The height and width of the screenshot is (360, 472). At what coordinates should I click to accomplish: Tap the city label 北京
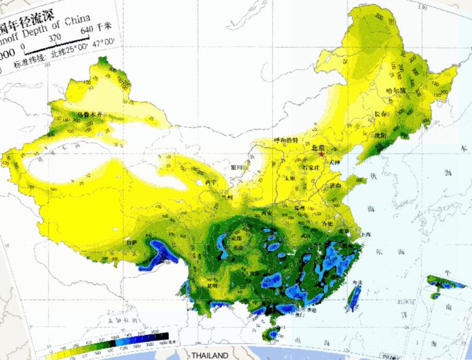(x=318, y=147)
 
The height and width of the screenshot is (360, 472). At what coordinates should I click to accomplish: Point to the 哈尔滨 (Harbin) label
(x=396, y=91)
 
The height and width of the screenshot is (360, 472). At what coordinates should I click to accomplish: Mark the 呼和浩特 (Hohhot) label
(x=286, y=140)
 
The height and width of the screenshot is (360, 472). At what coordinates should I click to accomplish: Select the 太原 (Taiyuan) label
(x=288, y=178)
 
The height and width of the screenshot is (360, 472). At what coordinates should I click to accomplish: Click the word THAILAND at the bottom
(x=210, y=355)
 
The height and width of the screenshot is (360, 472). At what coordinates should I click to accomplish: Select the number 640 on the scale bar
(x=86, y=29)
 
